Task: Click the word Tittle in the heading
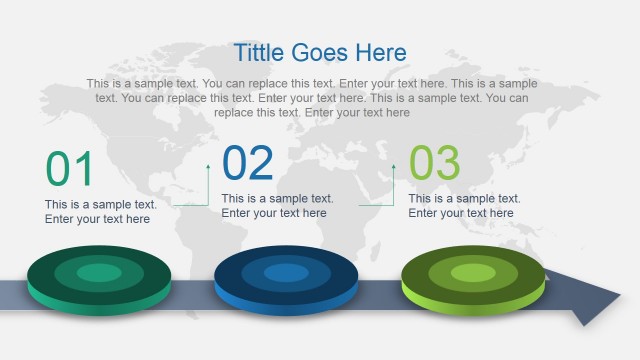tap(260, 53)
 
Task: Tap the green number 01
tap(70, 169)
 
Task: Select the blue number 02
tap(248, 163)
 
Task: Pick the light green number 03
tap(435, 163)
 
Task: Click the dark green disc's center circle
tap(98, 273)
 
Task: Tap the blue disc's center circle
tap(286, 273)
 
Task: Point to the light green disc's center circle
tap(473, 272)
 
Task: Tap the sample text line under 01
tap(100, 204)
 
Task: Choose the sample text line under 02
tap(277, 198)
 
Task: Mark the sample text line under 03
tap(464, 198)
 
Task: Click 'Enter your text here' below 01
tap(97, 219)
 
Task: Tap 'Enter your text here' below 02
tap(274, 213)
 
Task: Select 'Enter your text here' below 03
tap(461, 213)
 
